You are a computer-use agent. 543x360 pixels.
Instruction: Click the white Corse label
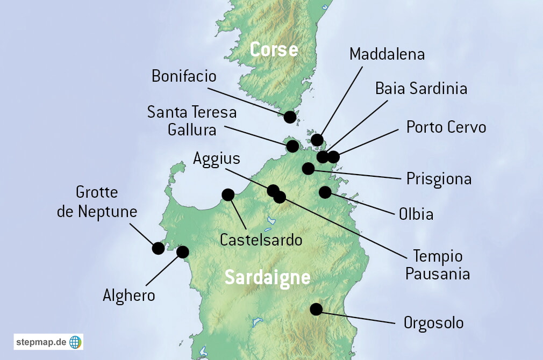coord(274,50)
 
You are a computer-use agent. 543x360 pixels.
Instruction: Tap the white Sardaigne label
coord(267,278)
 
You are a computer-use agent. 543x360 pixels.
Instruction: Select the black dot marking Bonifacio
coord(290,117)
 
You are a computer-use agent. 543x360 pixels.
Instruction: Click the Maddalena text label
coord(387,54)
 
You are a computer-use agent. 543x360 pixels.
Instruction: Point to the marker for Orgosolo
coord(316,309)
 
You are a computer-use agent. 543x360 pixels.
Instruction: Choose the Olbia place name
coord(416,214)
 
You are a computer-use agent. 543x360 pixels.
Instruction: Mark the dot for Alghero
coord(183,251)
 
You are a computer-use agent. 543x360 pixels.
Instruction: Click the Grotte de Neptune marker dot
coord(158,248)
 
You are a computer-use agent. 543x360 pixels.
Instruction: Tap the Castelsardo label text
coord(261,240)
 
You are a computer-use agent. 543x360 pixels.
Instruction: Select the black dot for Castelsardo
coord(228,195)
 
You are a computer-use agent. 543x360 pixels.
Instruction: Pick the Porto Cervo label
coord(446,127)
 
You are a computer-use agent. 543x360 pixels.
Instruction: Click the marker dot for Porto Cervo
coord(333,157)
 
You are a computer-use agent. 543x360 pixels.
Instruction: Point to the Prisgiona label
coord(439,179)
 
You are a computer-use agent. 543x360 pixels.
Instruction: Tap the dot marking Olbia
coord(325,192)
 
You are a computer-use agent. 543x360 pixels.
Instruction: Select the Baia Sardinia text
coord(421,88)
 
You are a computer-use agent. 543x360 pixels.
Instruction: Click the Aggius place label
coord(217,159)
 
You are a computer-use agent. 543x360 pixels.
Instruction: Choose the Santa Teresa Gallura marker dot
coord(292,146)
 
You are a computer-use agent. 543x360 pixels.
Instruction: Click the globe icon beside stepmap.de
coord(75,342)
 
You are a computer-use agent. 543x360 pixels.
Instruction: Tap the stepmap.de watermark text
coord(41,342)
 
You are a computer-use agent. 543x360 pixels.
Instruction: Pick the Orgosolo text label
coord(433,323)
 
